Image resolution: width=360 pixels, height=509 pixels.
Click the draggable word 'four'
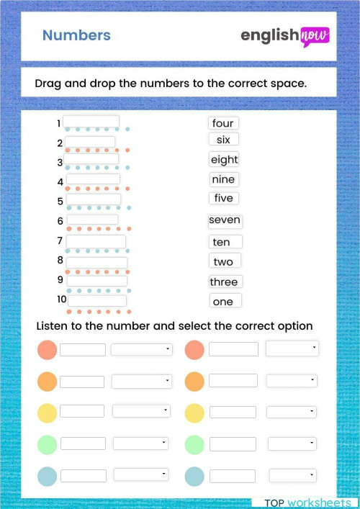[223, 123]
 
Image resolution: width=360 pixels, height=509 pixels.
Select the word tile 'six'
[223, 140]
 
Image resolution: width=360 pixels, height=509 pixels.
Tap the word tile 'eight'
[224, 160]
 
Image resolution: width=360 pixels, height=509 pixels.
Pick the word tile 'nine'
[224, 179]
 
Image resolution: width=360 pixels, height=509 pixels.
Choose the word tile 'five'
[224, 198]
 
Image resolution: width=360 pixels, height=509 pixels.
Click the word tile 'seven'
[225, 220]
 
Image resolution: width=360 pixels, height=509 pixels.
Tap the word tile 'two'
[223, 261]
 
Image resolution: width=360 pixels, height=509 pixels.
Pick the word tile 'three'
[224, 281]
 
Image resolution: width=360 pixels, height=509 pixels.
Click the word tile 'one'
[223, 302]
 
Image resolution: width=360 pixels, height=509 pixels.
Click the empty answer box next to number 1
[91, 122]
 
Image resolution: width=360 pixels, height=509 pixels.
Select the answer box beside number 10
[97, 300]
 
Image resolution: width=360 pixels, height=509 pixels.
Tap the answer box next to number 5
[94, 199]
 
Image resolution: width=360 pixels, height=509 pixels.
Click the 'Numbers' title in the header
[76, 35]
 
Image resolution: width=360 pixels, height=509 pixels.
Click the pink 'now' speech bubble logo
[314, 35]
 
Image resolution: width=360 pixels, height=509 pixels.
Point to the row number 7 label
[60, 240]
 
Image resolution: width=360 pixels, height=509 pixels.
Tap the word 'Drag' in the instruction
[48, 83]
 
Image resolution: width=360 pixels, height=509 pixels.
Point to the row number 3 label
[60, 162]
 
